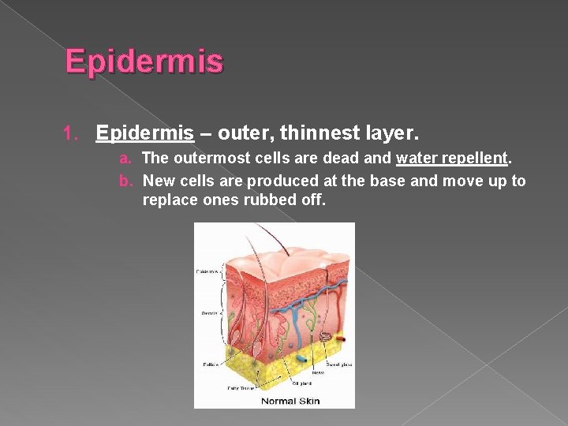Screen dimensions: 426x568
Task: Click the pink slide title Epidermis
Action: (x=144, y=62)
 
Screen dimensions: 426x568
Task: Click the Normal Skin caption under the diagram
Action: (x=291, y=401)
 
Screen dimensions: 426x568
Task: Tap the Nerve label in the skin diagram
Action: (x=319, y=372)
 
